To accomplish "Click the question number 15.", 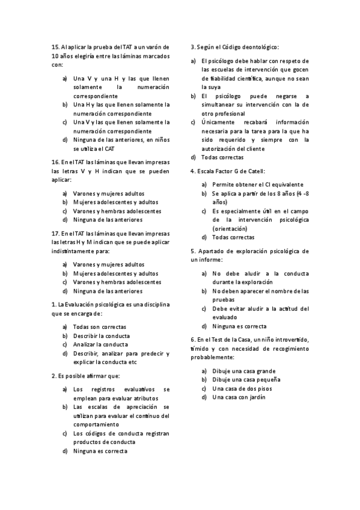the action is [x=55, y=46].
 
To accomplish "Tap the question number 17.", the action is [x=55, y=233].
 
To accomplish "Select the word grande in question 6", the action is [x=264, y=371].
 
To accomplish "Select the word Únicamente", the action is [x=221, y=122].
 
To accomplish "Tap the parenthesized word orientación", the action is [x=230, y=229].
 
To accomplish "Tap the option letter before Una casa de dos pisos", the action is [x=204, y=389].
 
